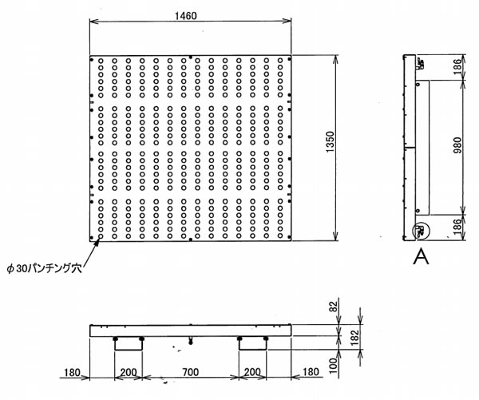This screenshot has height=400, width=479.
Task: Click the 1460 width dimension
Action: pos(185,16)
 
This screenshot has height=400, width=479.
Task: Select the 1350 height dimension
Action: pos(330,143)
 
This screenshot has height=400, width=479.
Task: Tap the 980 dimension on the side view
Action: pos(457,146)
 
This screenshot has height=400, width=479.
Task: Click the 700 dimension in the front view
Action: pos(190,372)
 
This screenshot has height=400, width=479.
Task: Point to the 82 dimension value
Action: pos(335,307)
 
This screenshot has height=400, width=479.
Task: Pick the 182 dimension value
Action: pos(354,337)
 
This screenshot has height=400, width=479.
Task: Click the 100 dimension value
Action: pos(334,366)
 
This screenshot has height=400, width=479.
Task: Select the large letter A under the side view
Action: pos(421,256)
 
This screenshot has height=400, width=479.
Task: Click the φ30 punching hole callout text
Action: pos(45,268)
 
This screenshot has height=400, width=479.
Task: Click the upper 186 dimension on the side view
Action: pos(457,65)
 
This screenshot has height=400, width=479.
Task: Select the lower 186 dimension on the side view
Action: pos(457,227)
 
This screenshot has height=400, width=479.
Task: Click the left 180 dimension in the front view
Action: pos(72,373)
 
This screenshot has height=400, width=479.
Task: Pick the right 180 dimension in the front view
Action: pos(310,372)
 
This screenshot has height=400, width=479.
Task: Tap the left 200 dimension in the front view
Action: pos(129,372)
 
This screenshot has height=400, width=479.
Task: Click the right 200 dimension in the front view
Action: pos(252,372)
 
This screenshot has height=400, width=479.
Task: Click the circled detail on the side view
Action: pos(421,230)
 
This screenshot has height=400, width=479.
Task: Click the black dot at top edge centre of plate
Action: pos(191,57)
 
